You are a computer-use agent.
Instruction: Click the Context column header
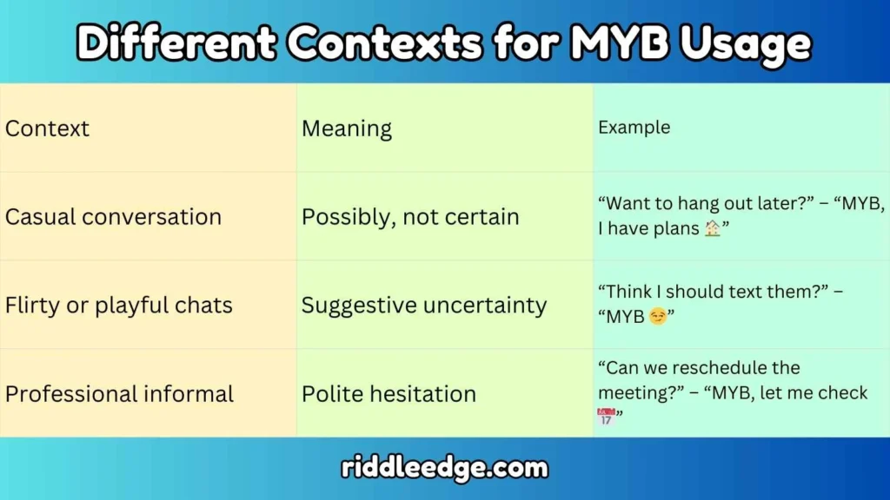[48, 129]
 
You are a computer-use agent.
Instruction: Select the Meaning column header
[347, 129]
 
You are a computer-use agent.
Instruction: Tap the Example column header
[634, 128]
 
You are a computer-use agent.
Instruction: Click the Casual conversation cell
[113, 216]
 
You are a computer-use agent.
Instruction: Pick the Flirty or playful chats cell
[118, 305]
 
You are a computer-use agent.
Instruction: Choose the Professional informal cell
[119, 393]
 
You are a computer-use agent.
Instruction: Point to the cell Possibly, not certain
[410, 216]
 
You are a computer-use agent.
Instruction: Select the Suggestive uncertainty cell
[424, 305]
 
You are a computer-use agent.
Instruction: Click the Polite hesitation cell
[389, 393]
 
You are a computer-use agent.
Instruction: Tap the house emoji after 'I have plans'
[713, 229]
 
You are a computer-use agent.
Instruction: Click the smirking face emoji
[658, 317]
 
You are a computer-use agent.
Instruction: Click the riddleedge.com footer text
[445, 469]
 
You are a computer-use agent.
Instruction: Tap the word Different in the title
[178, 43]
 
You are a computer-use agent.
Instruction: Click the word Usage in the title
[749, 43]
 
